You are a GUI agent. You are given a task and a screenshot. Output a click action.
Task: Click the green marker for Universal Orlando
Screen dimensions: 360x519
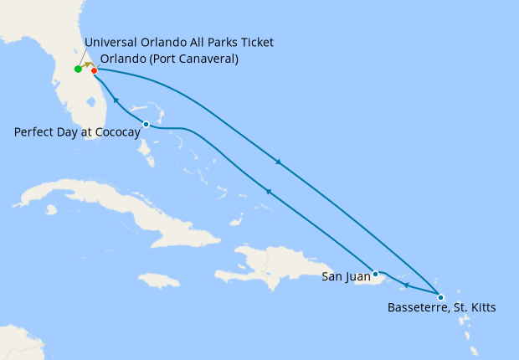(x=78, y=69)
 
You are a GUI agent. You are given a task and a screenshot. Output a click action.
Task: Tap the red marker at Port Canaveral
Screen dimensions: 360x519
(x=94, y=70)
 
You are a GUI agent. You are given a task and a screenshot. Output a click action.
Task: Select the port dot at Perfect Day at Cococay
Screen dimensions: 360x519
(x=146, y=125)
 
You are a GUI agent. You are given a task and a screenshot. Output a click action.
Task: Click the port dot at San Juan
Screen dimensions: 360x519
(x=376, y=274)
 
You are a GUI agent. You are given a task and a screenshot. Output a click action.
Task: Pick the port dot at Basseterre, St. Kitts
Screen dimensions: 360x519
(x=440, y=296)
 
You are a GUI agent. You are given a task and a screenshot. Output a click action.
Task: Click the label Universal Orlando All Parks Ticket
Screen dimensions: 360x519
(x=178, y=43)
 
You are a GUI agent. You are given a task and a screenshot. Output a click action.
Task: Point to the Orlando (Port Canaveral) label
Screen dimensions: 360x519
(x=169, y=59)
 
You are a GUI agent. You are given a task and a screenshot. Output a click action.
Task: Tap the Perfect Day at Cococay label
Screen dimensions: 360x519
(x=77, y=132)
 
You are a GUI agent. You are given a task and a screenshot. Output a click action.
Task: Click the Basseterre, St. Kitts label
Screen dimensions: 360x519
(x=442, y=308)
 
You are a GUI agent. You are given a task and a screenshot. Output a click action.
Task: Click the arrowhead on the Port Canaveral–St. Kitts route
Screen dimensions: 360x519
(x=278, y=162)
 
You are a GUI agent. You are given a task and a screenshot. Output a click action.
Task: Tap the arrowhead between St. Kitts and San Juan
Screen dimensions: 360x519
(x=406, y=286)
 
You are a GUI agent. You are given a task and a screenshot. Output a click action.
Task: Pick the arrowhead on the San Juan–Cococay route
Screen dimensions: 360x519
(x=269, y=193)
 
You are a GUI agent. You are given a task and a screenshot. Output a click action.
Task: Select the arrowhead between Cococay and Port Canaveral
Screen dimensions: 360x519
(x=116, y=101)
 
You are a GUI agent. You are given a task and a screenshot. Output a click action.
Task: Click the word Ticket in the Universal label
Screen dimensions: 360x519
(x=256, y=43)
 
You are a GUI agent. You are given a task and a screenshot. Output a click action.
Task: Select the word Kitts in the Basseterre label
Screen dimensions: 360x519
(x=480, y=308)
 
